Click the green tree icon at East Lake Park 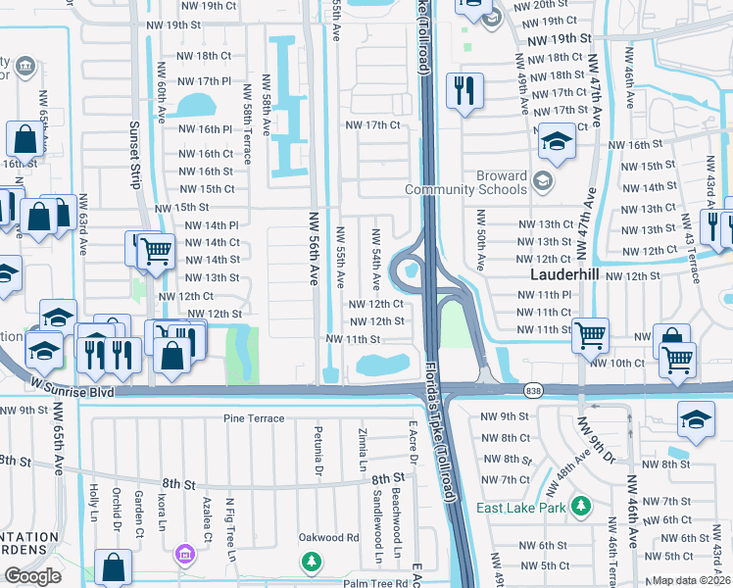click(582, 506)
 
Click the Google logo click(32, 576)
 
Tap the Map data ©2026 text click(691, 580)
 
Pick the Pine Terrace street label click(254, 418)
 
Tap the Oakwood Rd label click(329, 537)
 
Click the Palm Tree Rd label click(368, 584)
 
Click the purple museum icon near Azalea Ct click(182, 557)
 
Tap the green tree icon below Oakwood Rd click(311, 562)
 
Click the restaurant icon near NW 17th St click(464, 92)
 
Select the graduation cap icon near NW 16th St click(557, 143)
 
